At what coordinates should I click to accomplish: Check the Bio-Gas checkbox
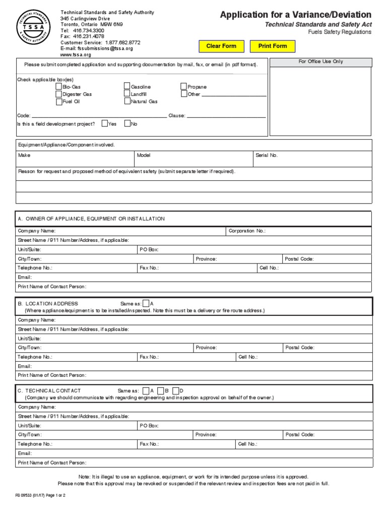tap(59, 87)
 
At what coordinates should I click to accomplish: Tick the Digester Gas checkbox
tap(59, 94)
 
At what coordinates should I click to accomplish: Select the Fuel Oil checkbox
tap(59, 101)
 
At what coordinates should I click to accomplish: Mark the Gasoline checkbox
tap(127, 87)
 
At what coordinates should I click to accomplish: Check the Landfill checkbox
tap(127, 94)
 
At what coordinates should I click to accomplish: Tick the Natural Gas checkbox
tap(127, 101)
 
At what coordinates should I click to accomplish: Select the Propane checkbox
tap(184, 87)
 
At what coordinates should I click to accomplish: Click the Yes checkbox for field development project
tap(104, 123)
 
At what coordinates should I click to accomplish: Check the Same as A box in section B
tap(146, 303)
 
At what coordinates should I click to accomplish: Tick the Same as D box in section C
tap(175, 391)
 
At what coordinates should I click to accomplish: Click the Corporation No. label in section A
tap(247, 231)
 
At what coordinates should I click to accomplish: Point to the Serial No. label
tap(267, 155)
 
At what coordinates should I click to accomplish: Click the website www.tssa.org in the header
tap(76, 55)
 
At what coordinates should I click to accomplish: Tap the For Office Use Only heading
tap(321, 61)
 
